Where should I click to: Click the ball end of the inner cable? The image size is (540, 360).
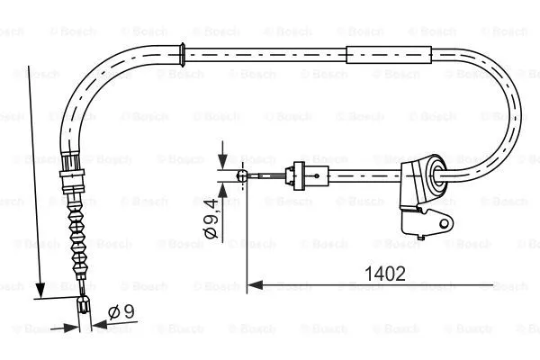coord(242,176)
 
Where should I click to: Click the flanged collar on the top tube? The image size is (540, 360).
coord(184,53)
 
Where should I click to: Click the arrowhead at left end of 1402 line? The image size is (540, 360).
coord(253,285)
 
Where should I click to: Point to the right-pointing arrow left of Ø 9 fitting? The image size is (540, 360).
coord(72,328)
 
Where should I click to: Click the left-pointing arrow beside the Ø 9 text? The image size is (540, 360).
coord(100,328)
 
